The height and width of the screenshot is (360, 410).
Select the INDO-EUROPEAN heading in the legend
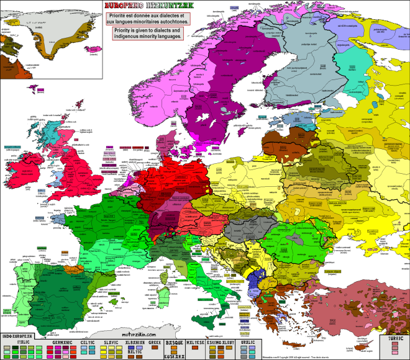pos(17,336)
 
